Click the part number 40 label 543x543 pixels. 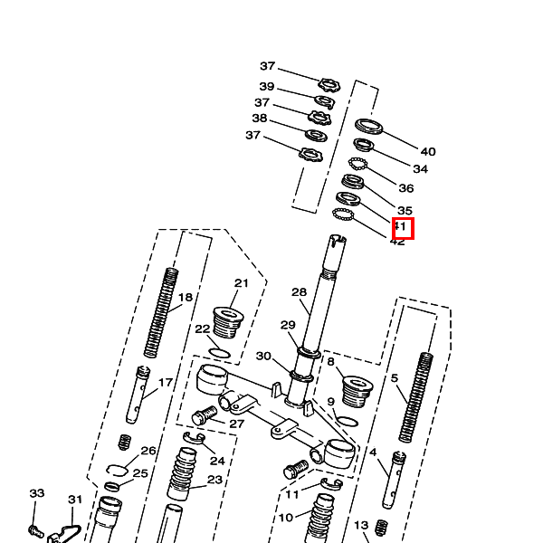428,152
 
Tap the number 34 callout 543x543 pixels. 420,169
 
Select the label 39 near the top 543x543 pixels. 267,86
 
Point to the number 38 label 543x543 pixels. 260,119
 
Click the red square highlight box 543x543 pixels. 403,228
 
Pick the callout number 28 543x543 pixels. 300,292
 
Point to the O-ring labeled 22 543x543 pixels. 220,350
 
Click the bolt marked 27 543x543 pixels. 205,417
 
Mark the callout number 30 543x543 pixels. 263,356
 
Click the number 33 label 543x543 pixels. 36,494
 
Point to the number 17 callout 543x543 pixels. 166,383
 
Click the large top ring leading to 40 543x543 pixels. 368,125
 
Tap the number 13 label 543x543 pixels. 361,525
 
